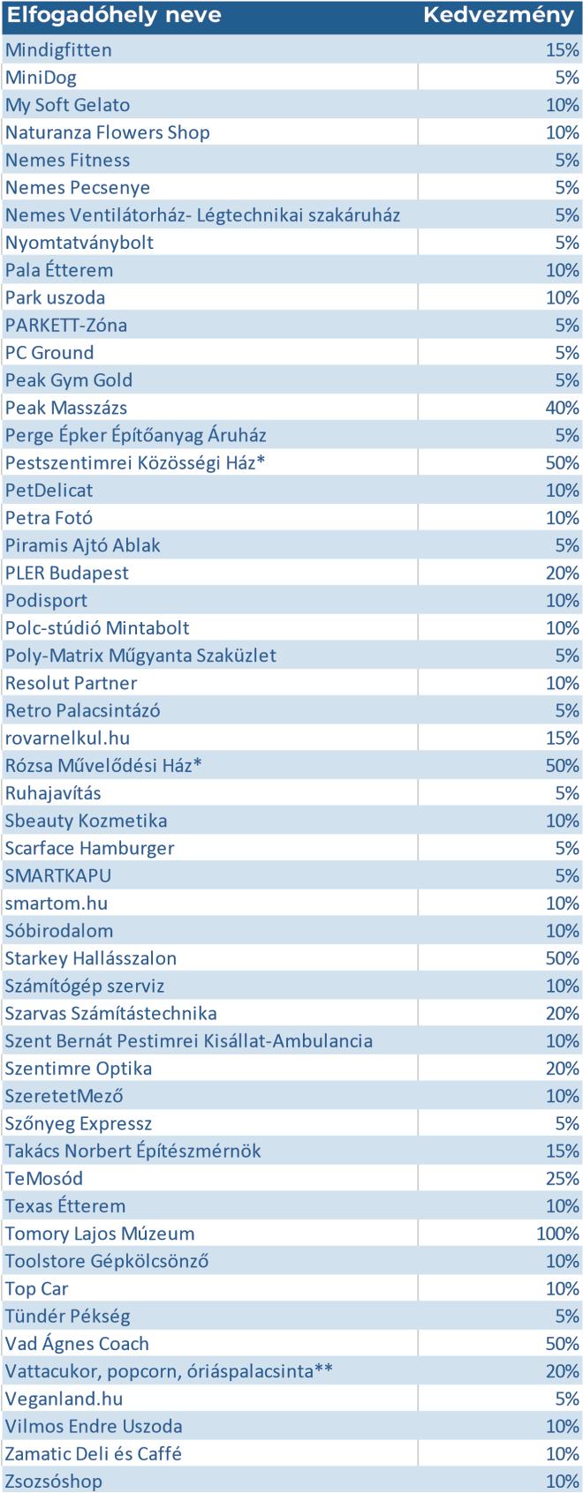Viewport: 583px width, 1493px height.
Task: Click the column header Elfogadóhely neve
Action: click(114, 16)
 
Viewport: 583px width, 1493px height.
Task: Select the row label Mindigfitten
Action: click(58, 50)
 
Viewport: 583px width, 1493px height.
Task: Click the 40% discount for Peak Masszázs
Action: click(562, 408)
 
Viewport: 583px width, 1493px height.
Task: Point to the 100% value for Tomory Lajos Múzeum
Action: click(557, 1234)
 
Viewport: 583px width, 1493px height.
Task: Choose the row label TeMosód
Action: click(44, 1178)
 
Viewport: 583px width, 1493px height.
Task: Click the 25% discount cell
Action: click(562, 1178)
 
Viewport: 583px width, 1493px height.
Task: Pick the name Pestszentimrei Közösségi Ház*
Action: click(135, 462)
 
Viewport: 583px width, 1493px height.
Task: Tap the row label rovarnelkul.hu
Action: click(67, 738)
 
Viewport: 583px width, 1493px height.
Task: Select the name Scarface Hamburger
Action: click(89, 848)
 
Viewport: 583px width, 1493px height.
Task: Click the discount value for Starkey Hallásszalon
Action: click(562, 958)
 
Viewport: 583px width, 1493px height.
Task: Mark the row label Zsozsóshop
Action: click(54, 1481)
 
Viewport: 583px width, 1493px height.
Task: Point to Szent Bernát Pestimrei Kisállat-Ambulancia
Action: click(189, 1040)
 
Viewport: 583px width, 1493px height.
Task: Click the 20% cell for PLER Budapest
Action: click(562, 573)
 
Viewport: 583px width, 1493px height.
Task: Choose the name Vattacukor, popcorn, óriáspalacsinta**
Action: click(169, 1371)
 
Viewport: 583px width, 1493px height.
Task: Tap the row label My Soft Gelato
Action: click(67, 105)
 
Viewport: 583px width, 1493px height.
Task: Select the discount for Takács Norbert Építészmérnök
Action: click(562, 1151)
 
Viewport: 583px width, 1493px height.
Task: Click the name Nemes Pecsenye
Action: click(78, 187)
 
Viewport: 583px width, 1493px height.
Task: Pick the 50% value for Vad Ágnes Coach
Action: click(562, 1344)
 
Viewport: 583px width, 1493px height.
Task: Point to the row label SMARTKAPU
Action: click(58, 875)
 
